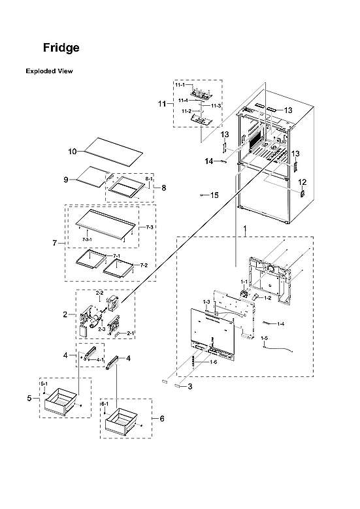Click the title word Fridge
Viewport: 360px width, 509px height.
pos(61,48)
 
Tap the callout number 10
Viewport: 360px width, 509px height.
pos(73,151)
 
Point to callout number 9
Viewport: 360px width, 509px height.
pos(66,179)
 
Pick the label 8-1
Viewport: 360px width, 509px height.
pos(148,178)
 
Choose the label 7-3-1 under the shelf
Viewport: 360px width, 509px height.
pos(89,240)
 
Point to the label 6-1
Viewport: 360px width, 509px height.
pos(105,404)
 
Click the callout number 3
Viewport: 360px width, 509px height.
pos(190,387)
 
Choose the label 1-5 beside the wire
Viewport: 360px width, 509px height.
pos(265,338)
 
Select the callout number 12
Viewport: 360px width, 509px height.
pos(302,182)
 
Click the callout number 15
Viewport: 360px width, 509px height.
pos(214,195)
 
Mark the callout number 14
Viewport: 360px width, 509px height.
pos(209,160)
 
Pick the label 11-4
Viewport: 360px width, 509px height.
pos(184,101)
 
